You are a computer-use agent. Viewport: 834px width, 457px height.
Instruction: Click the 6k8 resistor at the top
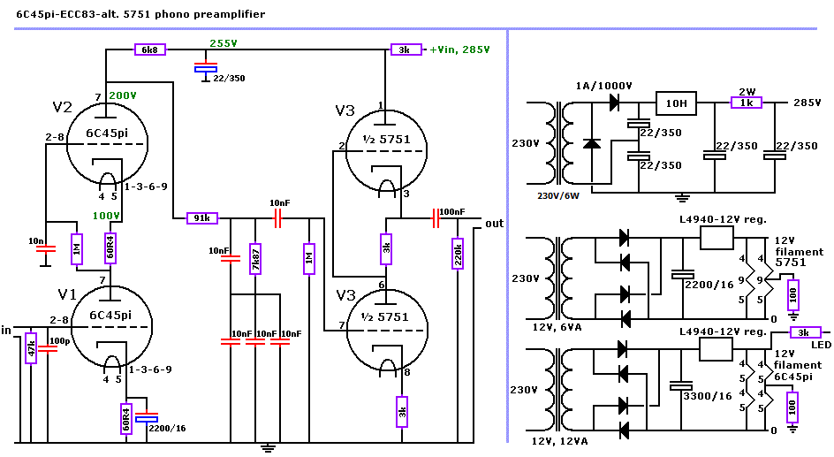pos(148,50)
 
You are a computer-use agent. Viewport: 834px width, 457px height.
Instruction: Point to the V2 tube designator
pos(62,108)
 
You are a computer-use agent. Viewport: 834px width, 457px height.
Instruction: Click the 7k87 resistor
pos(255,259)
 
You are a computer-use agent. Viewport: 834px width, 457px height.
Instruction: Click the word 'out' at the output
pos(494,224)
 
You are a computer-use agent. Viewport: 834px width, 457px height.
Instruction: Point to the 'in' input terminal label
pos(7,329)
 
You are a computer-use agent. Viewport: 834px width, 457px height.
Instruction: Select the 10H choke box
pos(676,103)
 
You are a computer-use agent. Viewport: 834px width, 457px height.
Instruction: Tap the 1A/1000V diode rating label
pos(604,85)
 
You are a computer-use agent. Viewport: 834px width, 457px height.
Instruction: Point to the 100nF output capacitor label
pos(453,212)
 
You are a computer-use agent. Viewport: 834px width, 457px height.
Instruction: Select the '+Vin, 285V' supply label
pos(459,50)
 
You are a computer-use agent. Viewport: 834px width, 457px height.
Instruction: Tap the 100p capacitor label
pos(60,340)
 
